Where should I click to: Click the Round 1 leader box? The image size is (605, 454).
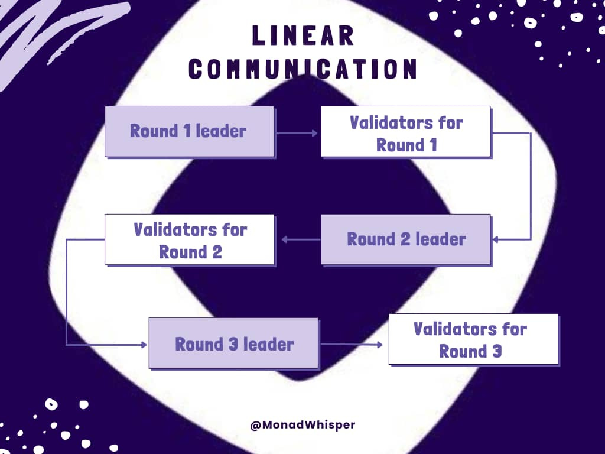tap(189, 131)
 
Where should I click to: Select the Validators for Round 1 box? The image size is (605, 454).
tap(406, 131)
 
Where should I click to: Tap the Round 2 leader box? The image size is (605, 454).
tap(406, 239)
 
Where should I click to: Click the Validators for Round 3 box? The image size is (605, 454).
tap(473, 339)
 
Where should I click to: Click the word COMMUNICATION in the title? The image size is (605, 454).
tap(303, 69)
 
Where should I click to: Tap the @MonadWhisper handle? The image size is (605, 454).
tap(302, 424)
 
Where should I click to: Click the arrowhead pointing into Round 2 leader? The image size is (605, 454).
tap(495, 239)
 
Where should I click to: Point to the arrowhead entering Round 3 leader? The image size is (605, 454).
tap(144, 345)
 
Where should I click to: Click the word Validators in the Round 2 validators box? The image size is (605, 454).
tap(190, 229)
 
